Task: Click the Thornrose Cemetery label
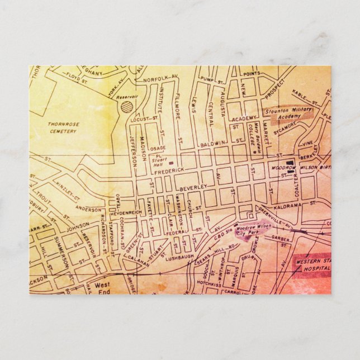tap(63, 126)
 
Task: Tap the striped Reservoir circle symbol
tap(127, 106)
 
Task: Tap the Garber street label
tap(280, 237)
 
